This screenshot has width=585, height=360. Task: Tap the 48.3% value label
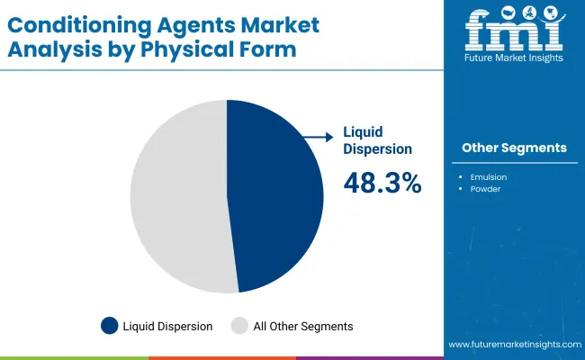coord(382,183)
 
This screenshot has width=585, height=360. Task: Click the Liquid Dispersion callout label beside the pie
coord(377,140)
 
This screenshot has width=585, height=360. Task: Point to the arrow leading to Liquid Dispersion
coord(316,137)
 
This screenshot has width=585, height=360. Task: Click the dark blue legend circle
coord(109,326)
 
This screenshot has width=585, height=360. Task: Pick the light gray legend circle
coord(239,326)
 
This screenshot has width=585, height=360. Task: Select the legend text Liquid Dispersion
coord(167,326)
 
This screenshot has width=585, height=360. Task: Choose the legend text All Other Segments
coord(303,326)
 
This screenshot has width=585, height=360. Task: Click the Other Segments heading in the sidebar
coord(514,148)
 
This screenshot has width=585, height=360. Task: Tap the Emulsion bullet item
coord(488,177)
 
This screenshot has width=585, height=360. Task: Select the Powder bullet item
coord(485,190)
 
